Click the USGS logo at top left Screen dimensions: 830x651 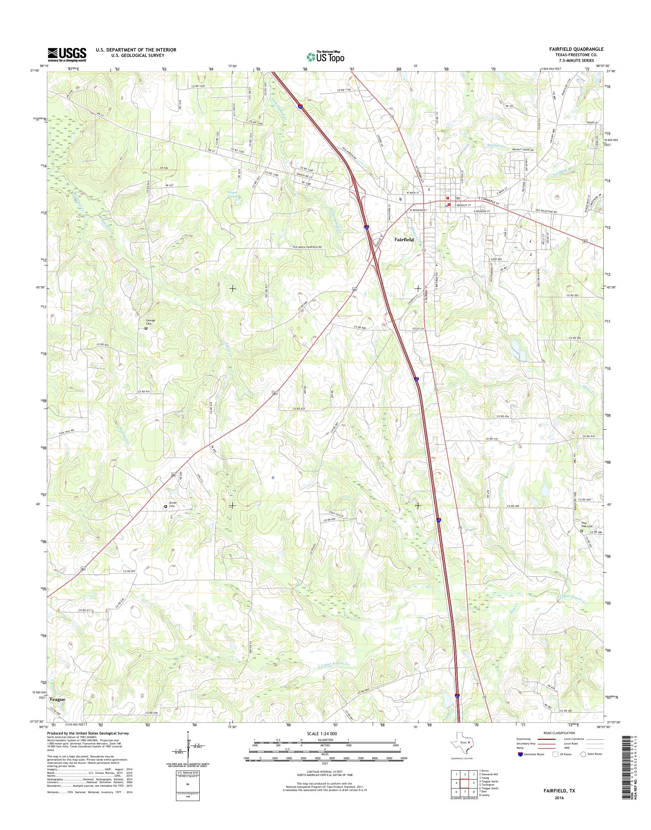pyautogui.click(x=67, y=54)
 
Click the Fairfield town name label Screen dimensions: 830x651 pyautogui.click(x=404, y=240)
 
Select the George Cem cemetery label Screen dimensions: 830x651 pyautogui.click(x=151, y=321)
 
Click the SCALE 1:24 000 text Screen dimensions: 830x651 pyautogui.click(x=322, y=733)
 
